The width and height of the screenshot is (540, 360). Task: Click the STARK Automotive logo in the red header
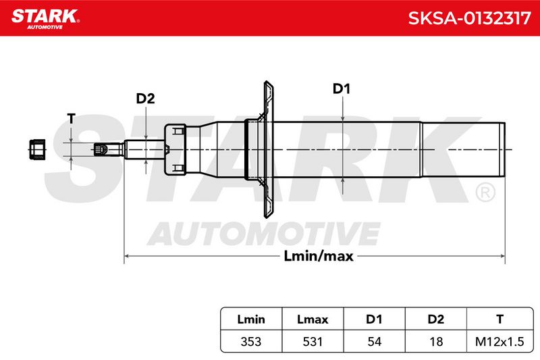coord(45,19)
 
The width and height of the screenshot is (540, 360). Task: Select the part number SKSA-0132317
coord(469,18)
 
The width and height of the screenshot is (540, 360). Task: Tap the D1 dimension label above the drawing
coord(342,89)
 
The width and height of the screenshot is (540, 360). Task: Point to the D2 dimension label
coord(145,99)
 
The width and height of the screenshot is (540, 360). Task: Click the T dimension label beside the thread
coord(71,118)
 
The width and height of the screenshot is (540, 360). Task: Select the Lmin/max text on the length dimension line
coord(319,256)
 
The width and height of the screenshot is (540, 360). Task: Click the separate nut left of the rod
coord(37,149)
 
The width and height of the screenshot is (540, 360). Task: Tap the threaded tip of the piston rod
coord(101,149)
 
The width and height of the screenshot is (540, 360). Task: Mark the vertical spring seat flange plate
coord(268,149)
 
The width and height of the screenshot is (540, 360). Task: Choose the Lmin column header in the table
coord(251,319)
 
